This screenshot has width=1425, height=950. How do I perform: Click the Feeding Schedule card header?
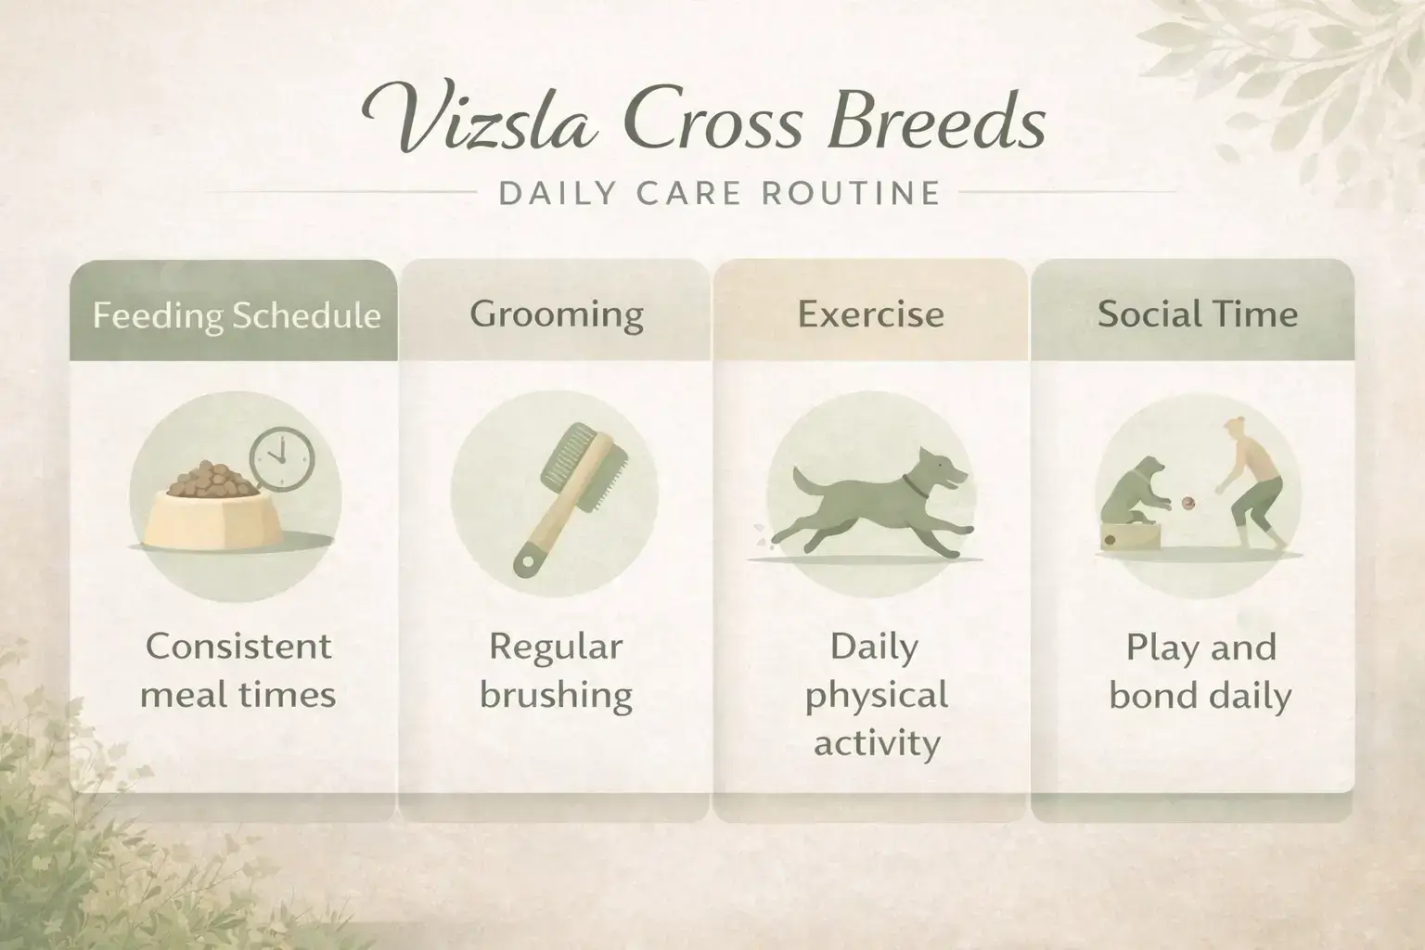pyautogui.click(x=237, y=315)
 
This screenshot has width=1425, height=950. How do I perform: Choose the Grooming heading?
pyautogui.click(x=557, y=314)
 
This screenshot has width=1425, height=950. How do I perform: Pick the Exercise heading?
pyautogui.click(x=871, y=314)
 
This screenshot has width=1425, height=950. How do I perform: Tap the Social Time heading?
pyautogui.click(x=1198, y=314)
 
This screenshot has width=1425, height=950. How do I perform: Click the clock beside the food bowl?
pyautogui.click(x=282, y=459)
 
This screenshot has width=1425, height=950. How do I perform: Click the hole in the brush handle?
pyautogui.click(x=528, y=561)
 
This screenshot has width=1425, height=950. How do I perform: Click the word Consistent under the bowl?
pyautogui.click(x=238, y=646)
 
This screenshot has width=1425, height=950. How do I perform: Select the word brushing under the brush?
pyautogui.click(x=556, y=695)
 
